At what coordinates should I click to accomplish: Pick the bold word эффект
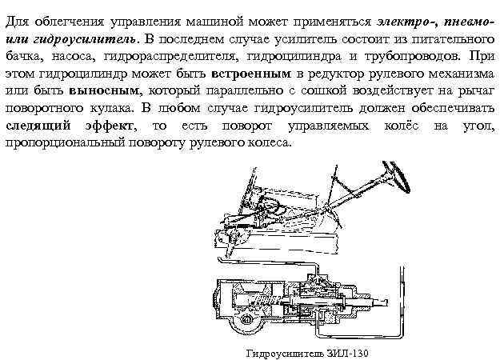(108, 126)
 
